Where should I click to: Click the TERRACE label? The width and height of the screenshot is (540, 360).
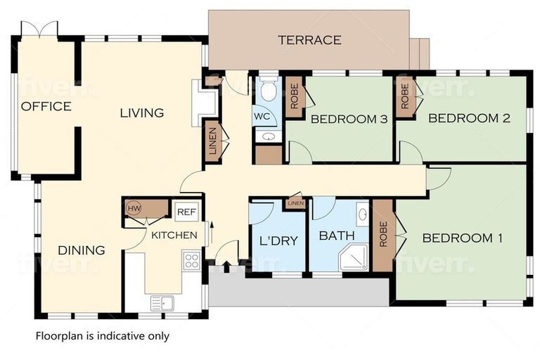tap(309, 40)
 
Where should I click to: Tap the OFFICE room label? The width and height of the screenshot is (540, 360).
tap(46, 106)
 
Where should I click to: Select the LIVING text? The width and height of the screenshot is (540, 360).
tap(141, 112)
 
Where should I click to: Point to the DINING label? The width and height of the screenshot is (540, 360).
tap(82, 250)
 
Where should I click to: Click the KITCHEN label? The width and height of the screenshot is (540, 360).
tap(174, 236)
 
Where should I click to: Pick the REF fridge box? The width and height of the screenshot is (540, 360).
tap(186, 212)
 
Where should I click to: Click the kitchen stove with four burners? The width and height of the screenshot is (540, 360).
tap(192, 261)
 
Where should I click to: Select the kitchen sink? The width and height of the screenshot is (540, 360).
tap(162, 303)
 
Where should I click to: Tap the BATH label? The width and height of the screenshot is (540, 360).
tap(337, 236)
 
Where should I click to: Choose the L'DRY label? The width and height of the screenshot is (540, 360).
tap(278, 240)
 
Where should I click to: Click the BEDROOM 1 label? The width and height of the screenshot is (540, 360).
tap(462, 238)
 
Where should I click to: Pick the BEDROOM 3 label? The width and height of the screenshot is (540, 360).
tap(349, 120)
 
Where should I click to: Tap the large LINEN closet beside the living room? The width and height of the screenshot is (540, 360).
tap(212, 141)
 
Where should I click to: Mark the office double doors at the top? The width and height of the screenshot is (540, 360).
tap(39, 28)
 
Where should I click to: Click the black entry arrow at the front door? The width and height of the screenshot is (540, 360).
tap(226, 267)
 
